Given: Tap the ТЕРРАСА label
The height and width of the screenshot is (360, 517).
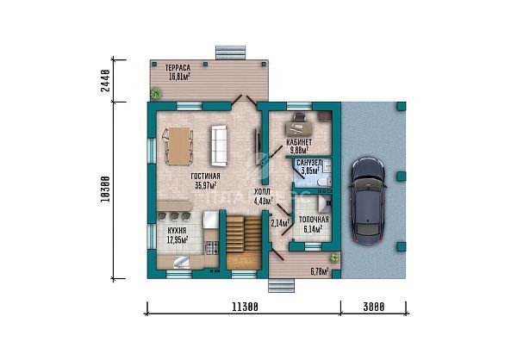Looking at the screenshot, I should coord(170,65).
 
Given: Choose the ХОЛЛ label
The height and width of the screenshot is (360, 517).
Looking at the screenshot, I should coord(262,193).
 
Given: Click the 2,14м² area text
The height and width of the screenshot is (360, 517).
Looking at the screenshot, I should coord(279,223).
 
